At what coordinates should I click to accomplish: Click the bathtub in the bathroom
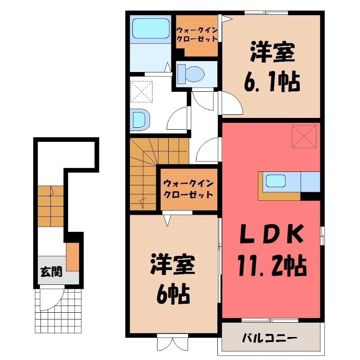tap(151, 28)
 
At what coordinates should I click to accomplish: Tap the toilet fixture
tap(191, 74)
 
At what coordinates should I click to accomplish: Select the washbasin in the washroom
tap(140, 119)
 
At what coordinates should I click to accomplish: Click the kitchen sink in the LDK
tap(275, 181)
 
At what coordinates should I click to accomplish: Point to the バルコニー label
tap(270, 338)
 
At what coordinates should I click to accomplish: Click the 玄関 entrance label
tap(51, 272)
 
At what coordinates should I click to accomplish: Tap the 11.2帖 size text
tap(272, 266)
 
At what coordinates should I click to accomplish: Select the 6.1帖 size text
tap(272, 82)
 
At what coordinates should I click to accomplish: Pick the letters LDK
tap(271, 234)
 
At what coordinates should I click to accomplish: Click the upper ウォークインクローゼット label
tap(197, 35)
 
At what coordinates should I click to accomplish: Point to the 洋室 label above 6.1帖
tap(273, 52)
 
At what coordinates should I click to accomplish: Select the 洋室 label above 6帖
tap(173, 264)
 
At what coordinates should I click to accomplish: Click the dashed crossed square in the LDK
tap(304, 136)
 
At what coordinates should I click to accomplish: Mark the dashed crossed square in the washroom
tap(141, 91)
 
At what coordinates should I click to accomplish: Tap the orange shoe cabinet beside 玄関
tap(73, 256)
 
